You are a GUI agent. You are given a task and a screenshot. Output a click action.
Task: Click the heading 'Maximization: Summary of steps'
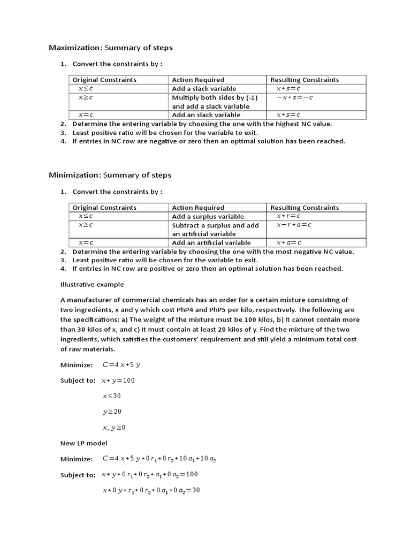[111, 48]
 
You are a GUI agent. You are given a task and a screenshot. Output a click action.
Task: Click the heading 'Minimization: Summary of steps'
[110, 175]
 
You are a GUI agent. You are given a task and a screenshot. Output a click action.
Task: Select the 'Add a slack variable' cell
[204, 89]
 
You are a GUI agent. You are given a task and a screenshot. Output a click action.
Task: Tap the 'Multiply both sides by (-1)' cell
[215, 97]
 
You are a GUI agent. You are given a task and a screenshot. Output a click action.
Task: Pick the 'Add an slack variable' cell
[206, 115]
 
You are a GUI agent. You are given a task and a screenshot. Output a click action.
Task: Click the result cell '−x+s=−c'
[294, 97]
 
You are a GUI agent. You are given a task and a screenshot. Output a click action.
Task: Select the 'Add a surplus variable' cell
[208, 217]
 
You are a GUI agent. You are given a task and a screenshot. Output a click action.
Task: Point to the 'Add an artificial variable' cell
[211, 243]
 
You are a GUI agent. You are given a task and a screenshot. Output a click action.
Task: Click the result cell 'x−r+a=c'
[294, 225]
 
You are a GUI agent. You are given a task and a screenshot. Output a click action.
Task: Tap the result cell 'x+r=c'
[288, 216]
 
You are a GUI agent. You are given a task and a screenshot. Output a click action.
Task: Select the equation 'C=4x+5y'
[121, 365]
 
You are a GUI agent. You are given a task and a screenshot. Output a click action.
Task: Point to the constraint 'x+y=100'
[118, 380]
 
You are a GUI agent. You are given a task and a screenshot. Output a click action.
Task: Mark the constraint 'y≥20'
[112, 412]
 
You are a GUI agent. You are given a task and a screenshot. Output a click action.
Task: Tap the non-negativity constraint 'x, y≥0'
[114, 427]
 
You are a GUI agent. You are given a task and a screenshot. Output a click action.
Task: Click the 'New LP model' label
[83, 443]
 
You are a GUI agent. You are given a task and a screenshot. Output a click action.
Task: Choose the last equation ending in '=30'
[151, 490]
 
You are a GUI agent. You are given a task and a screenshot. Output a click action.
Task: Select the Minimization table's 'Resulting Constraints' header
[305, 208]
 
